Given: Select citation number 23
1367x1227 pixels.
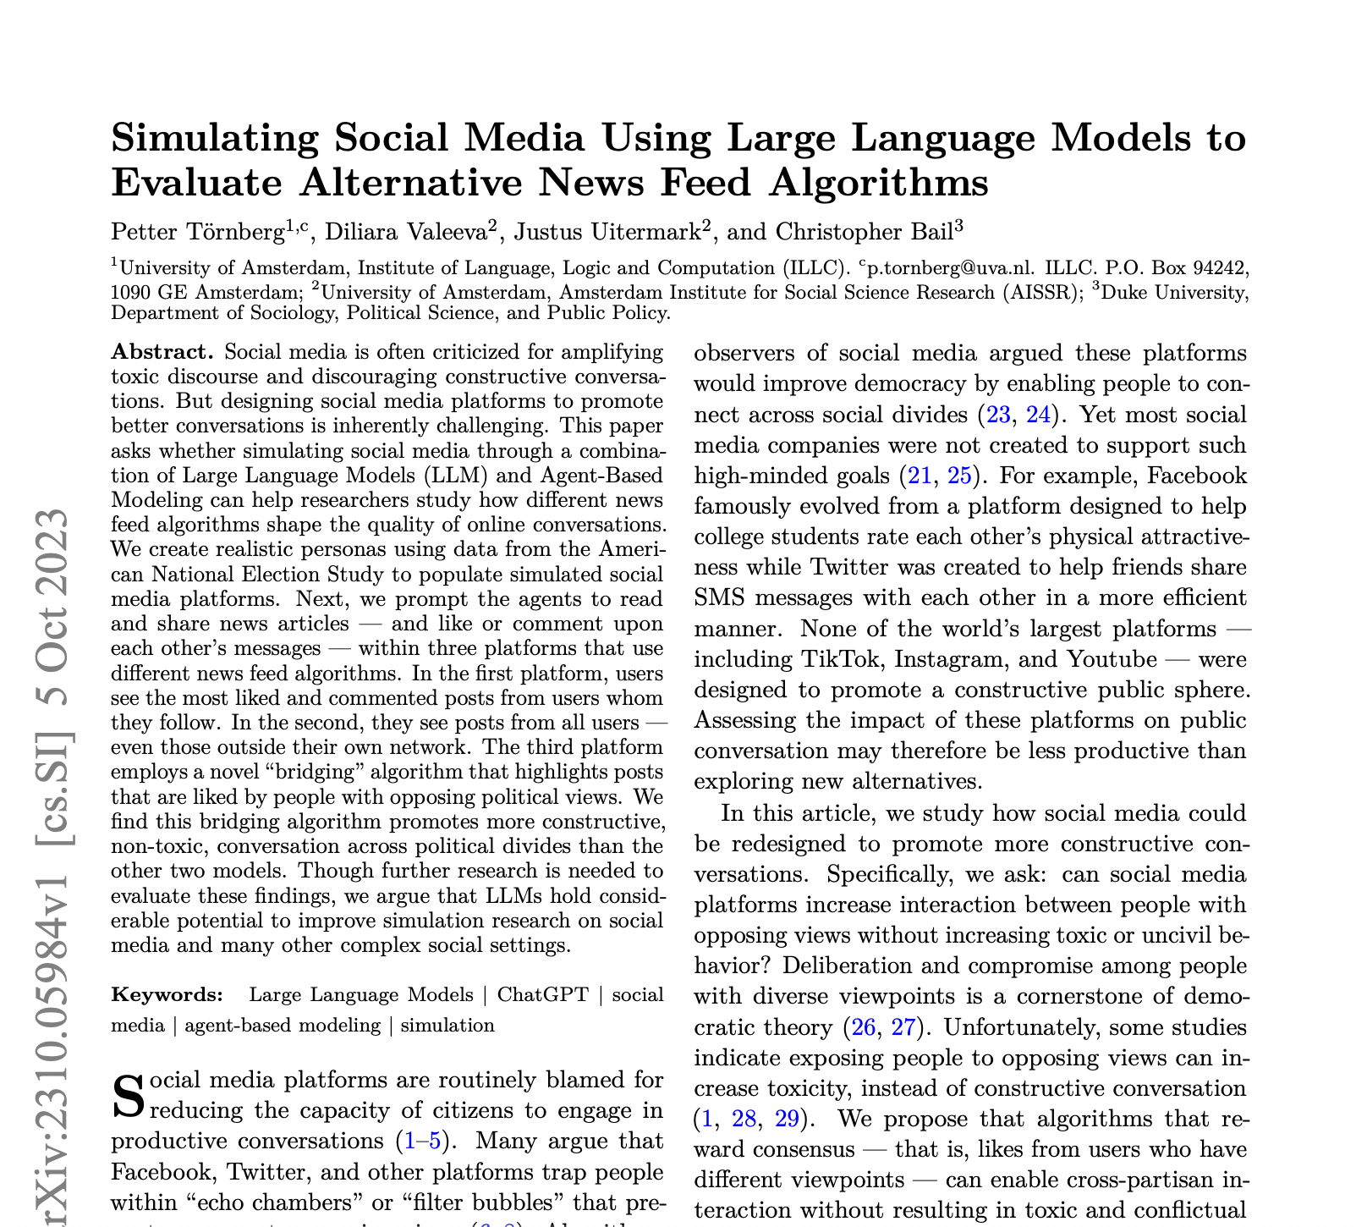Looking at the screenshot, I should point(992,415).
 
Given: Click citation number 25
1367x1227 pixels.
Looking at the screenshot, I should point(959,476).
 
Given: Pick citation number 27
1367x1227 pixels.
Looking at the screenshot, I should point(905,1027).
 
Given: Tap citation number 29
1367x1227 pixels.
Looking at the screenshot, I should point(787,1119).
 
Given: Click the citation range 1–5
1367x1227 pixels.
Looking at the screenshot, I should point(422,1140).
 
